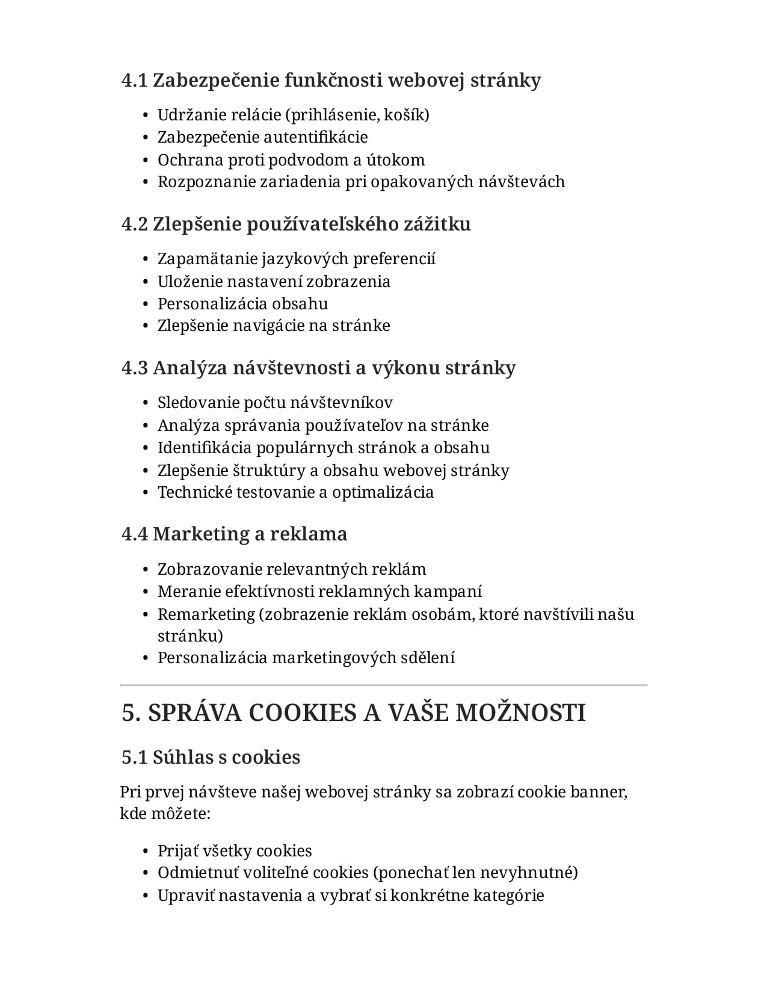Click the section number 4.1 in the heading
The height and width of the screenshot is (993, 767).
coord(134,80)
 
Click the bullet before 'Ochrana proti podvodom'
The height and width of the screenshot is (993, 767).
coord(146,161)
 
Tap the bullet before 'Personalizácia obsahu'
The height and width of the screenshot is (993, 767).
coord(146,305)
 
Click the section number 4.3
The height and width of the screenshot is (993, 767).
coord(134,368)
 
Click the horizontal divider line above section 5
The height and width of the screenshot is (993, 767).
coord(383,685)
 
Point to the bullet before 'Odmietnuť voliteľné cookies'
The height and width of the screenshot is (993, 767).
coord(146,873)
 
